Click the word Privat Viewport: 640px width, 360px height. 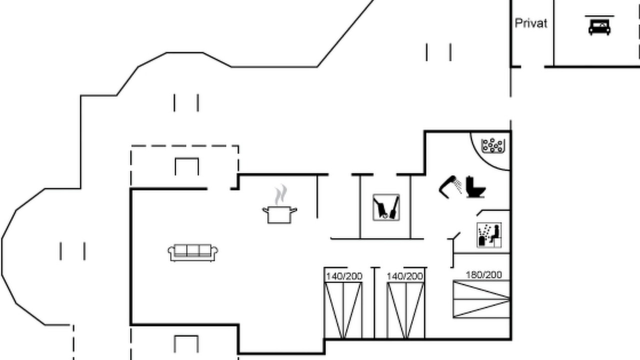coord(531,23)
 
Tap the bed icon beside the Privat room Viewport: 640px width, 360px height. coord(599,27)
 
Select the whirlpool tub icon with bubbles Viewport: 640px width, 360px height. coord(493,145)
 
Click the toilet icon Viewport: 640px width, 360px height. coord(475,187)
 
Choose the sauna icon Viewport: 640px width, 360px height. coord(489,235)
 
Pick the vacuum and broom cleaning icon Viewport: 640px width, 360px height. coord(386,207)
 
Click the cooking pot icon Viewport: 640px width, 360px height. coord(279,214)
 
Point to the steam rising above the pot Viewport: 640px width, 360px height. coord(280,194)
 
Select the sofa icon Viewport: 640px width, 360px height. coord(193,253)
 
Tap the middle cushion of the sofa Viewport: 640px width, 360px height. coord(193,250)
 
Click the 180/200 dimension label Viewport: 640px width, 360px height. coord(483,275)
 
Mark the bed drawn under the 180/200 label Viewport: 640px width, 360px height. coord(481,299)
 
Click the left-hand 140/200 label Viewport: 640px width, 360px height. coord(344,276)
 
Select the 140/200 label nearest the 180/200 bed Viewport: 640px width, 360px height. coord(405,276)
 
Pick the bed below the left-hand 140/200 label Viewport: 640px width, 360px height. coord(343,310)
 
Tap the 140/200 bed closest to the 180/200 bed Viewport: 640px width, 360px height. coord(405,310)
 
